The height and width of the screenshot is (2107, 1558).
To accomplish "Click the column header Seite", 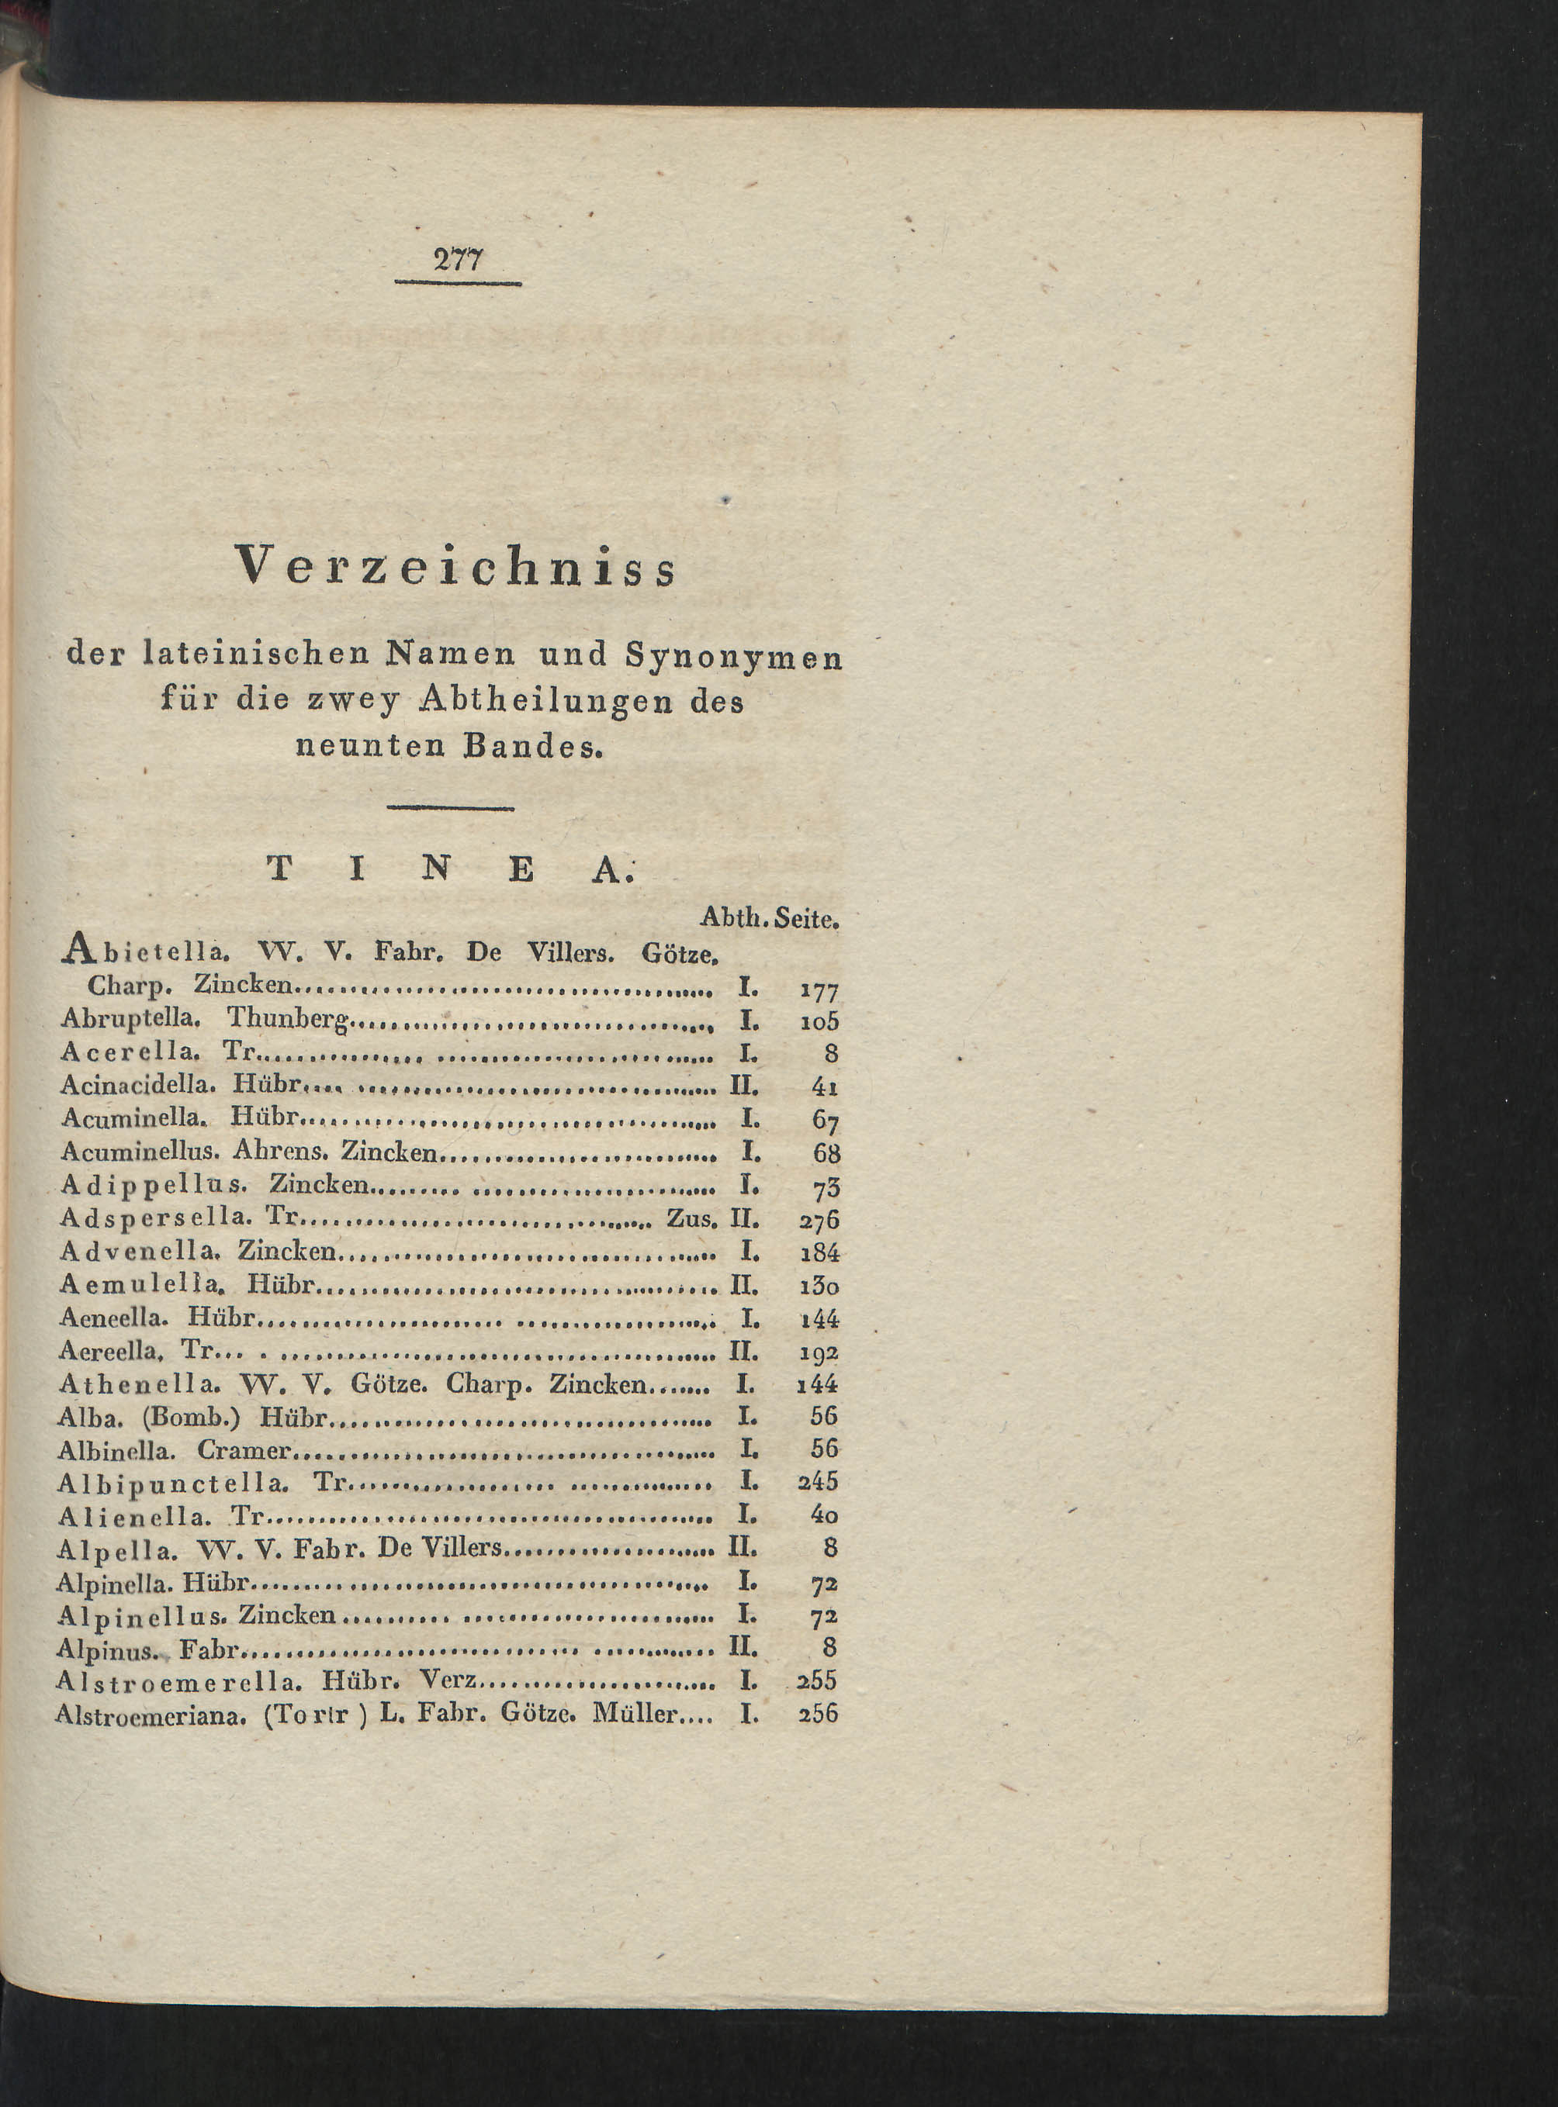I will pyautogui.click(x=806, y=918).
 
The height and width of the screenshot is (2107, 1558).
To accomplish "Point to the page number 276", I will pyautogui.click(x=819, y=1221).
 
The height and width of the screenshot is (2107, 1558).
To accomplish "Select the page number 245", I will pyautogui.click(x=818, y=1483).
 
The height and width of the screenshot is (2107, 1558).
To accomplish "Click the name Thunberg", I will pyautogui.click(x=289, y=1019).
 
